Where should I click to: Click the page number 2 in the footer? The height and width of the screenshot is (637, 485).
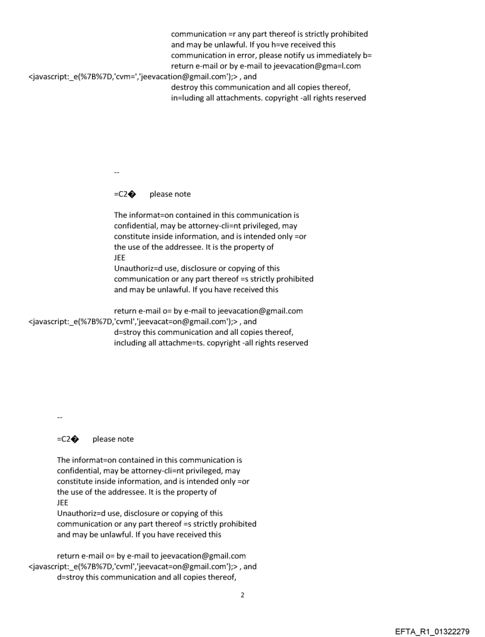click(242, 595)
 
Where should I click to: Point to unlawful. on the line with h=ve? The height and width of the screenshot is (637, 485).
click(238, 45)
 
